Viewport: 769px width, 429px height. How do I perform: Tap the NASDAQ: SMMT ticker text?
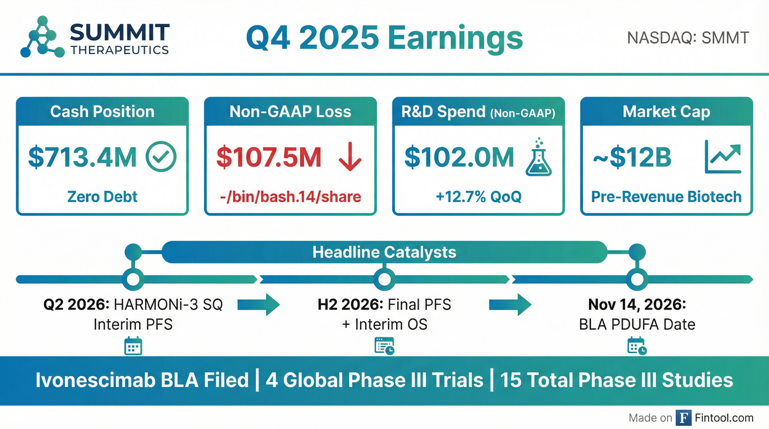click(x=688, y=38)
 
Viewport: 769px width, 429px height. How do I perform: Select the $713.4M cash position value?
click(x=82, y=157)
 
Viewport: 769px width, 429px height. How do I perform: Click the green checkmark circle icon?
click(x=161, y=156)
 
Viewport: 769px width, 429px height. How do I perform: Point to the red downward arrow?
click(x=350, y=156)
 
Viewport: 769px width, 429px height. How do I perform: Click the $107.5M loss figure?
click(x=269, y=157)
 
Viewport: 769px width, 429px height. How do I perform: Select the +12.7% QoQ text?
click(x=479, y=197)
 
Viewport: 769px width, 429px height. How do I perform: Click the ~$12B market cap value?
click(x=632, y=157)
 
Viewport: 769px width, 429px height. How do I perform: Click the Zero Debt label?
click(x=102, y=197)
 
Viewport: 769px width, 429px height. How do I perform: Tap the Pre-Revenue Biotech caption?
click(x=666, y=197)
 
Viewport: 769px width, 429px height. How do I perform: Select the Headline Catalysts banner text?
click(x=385, y=252)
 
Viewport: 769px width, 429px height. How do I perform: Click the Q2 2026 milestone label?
click(x=76, y=305)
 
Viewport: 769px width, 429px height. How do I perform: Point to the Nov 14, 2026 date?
click(x=637, y=305)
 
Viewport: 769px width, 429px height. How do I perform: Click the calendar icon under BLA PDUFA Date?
click(x=637, y=346)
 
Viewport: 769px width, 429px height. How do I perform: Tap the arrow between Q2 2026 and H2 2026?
click(x=258, y=305)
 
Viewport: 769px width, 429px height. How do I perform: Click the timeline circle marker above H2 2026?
click(x=384, y=279)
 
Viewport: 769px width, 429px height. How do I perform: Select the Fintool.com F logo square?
click(x=683, y=418)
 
